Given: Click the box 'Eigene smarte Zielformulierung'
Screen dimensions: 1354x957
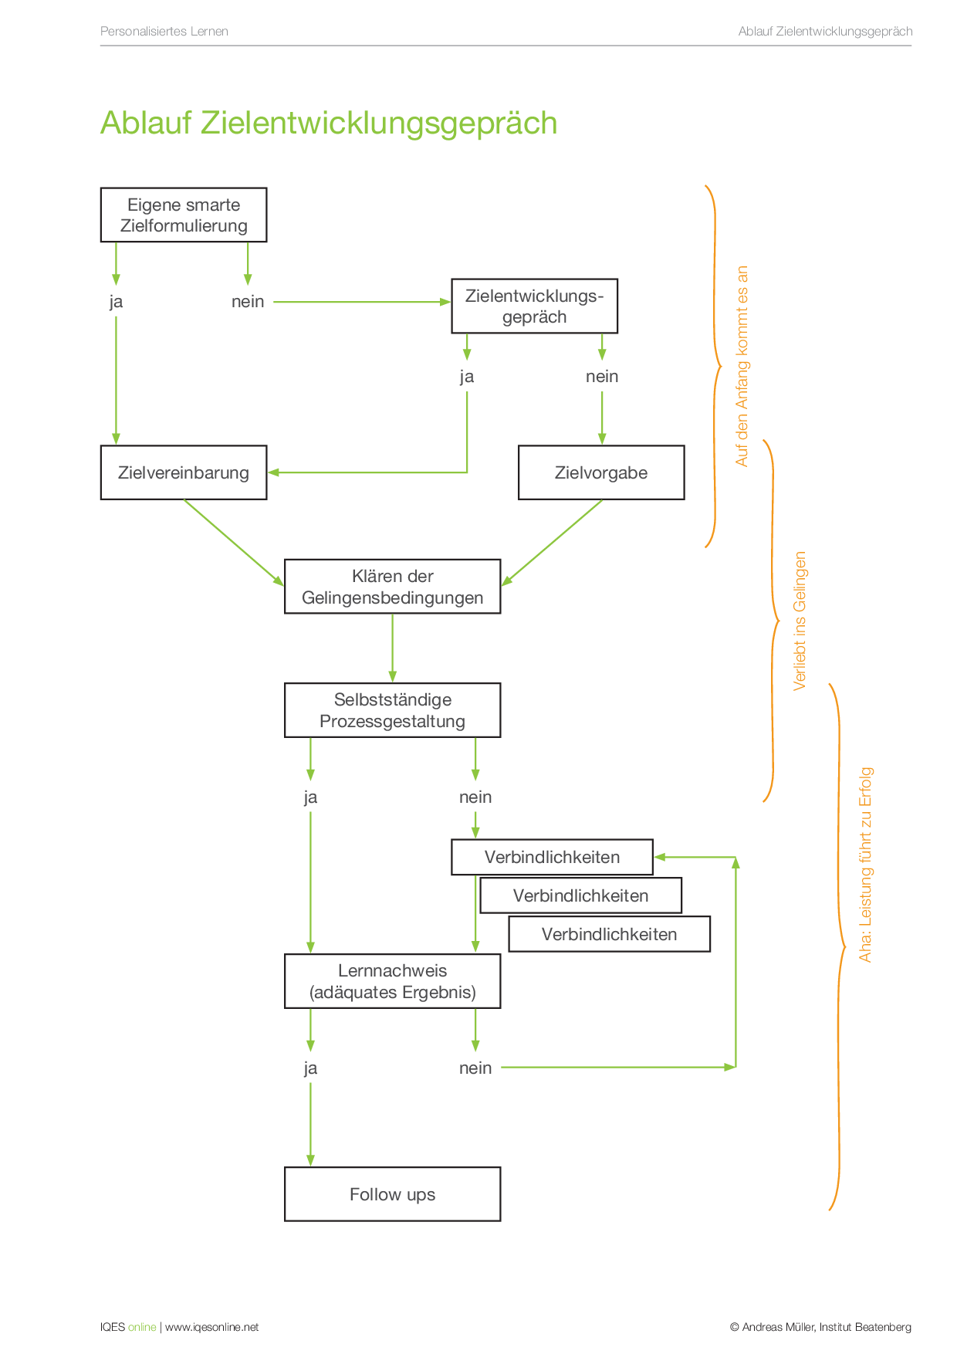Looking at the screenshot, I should pos(184,215).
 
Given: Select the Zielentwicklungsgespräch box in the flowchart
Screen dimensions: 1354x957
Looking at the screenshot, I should pos(534,306).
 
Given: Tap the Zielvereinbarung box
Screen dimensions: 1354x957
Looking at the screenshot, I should pos(184,472).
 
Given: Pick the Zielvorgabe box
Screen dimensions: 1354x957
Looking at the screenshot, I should pos(601,472).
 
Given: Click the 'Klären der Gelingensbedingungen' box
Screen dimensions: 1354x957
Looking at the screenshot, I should pos(392,587).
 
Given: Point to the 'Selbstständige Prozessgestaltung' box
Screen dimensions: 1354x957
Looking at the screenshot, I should pos(392,710).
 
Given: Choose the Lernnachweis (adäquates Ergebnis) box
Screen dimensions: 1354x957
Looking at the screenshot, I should pos(392,981).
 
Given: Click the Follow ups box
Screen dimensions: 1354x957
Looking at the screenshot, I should pos(392,1194).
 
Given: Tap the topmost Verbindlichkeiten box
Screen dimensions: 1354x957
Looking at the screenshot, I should pos(552,857).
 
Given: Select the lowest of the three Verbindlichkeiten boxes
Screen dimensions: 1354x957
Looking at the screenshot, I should pos(609,934).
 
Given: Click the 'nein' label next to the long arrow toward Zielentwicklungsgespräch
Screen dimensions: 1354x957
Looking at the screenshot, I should pos(248,302).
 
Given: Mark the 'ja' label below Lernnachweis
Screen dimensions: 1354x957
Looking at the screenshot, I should pos(310,1068).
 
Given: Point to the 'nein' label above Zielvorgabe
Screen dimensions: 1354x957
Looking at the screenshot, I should pos(602,377).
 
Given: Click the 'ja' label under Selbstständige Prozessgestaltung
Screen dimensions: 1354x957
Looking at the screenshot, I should pos(310,797).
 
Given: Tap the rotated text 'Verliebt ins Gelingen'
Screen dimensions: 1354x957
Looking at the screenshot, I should pos(800,621).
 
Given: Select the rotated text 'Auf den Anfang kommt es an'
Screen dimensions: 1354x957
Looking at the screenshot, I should pos(742,366).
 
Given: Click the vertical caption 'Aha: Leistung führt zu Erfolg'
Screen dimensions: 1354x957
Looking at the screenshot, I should pos(865,865).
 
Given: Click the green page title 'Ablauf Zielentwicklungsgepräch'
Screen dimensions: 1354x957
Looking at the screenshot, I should pos(329,124).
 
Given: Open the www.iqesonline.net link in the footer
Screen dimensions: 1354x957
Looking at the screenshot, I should pos(211,1327).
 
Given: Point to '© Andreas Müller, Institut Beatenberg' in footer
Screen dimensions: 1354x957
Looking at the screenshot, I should pos(820,1327).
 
